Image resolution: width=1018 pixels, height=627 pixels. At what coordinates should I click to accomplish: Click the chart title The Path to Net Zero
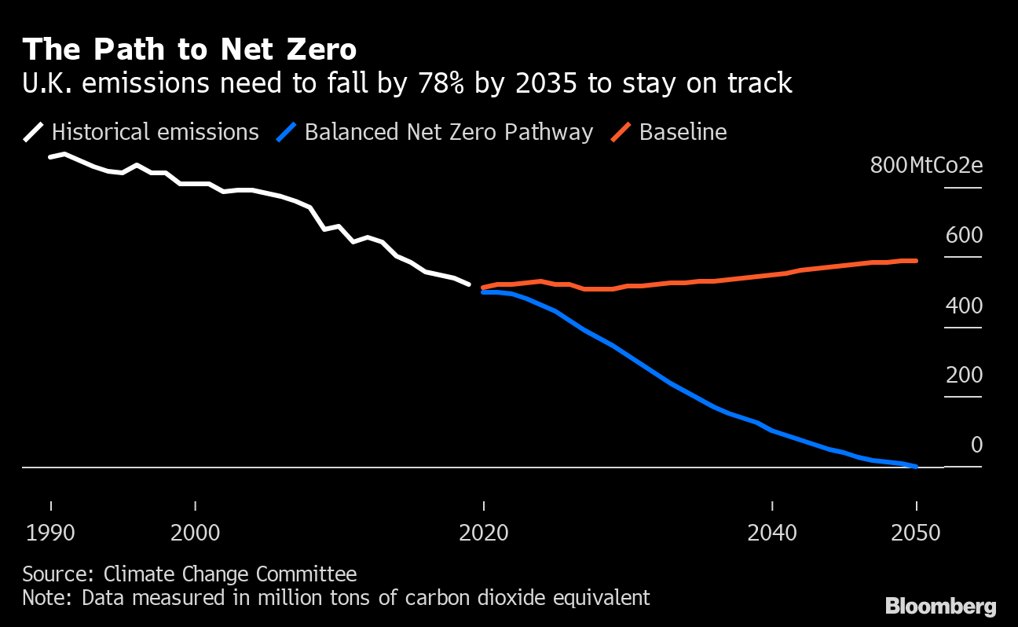[189, 49]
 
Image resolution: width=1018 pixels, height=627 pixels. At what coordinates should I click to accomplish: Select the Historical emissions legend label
[155, 132]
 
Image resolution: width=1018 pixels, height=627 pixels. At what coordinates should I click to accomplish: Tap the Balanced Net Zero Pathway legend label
[449, 132]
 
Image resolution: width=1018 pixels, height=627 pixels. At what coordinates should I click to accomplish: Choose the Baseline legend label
[683, 132]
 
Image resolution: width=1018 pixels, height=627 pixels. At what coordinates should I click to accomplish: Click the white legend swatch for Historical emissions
[34, 132]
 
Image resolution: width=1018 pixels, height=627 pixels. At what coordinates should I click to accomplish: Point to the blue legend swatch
[287, 132]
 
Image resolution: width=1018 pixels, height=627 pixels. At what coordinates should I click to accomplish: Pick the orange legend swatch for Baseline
[621, 132]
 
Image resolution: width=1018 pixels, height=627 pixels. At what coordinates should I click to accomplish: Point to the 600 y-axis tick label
[965, 236]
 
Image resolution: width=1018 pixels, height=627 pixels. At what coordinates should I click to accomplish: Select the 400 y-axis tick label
[965, 306]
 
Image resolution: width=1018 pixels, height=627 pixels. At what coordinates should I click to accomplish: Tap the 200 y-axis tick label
[965, 376]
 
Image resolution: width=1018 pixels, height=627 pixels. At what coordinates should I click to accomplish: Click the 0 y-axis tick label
[976, 445]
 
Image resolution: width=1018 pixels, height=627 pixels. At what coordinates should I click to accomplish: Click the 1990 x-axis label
[51, 533]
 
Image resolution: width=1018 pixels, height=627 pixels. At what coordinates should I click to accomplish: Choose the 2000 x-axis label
[196, 533]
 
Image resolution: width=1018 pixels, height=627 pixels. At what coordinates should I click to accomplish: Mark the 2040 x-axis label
[773, 533]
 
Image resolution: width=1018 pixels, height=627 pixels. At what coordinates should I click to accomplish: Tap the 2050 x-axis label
[917, 533]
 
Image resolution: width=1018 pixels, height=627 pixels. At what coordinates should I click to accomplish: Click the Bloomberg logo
[941, 607]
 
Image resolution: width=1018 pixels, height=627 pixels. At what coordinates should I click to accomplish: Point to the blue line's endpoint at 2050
[916, 466]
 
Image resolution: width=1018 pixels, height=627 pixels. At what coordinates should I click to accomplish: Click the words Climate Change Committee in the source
[230, 574]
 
